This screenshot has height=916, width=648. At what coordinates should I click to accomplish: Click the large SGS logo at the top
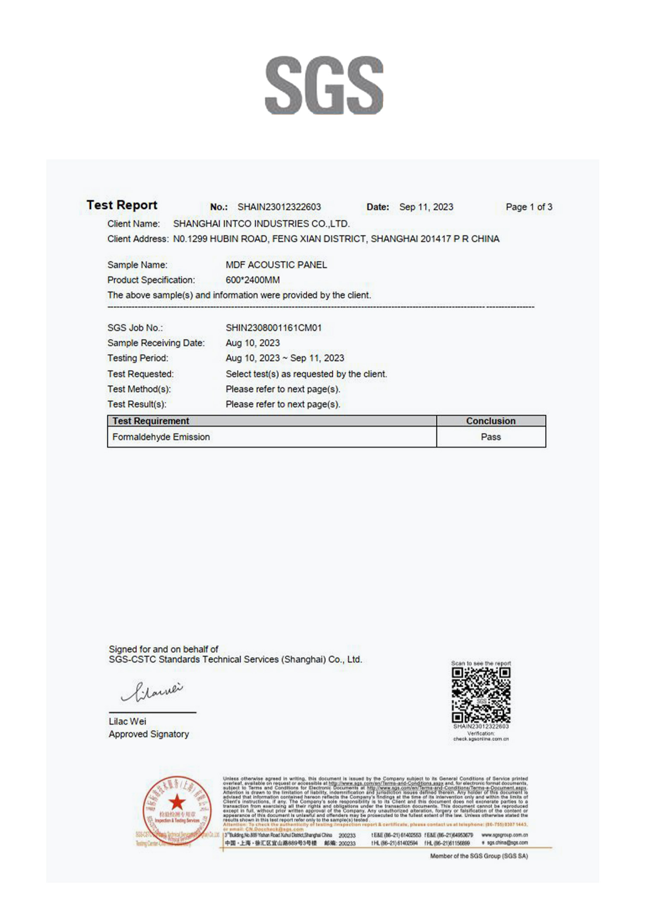point(324,86)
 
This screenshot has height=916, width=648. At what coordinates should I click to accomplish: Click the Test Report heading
point(122,205)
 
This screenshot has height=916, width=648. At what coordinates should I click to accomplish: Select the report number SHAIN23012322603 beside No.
point(279,207)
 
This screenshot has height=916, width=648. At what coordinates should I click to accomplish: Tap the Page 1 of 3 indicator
point(529,207)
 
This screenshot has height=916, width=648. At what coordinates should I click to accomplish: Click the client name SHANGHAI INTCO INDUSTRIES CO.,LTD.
point(261,224)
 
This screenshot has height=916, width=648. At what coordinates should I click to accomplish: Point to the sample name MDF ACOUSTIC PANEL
point(276,265)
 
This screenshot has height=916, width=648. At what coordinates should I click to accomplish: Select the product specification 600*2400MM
point(253,280)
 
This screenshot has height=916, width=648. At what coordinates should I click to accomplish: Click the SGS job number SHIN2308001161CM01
point(273,328)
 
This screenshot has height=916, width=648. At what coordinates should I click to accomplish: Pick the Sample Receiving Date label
point(156,343)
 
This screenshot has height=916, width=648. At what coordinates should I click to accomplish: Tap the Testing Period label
point(138,358)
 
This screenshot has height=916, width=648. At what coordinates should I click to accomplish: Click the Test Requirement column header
point(151,421)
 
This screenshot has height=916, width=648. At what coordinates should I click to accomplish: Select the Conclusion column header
point(491,421)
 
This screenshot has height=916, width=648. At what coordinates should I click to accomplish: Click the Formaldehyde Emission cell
point(161,437)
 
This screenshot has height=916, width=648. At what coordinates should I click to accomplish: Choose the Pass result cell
point(491,437)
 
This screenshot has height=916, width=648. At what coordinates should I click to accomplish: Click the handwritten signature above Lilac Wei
point(152,691)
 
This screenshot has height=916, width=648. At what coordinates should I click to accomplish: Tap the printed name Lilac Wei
point(127,721)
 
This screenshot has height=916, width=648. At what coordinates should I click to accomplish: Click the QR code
point(481,695)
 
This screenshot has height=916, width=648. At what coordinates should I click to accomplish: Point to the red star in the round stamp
point(177,802)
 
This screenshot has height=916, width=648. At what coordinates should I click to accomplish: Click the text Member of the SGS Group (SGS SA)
point(479,856)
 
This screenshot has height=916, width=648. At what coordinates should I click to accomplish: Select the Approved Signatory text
point(149,734)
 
